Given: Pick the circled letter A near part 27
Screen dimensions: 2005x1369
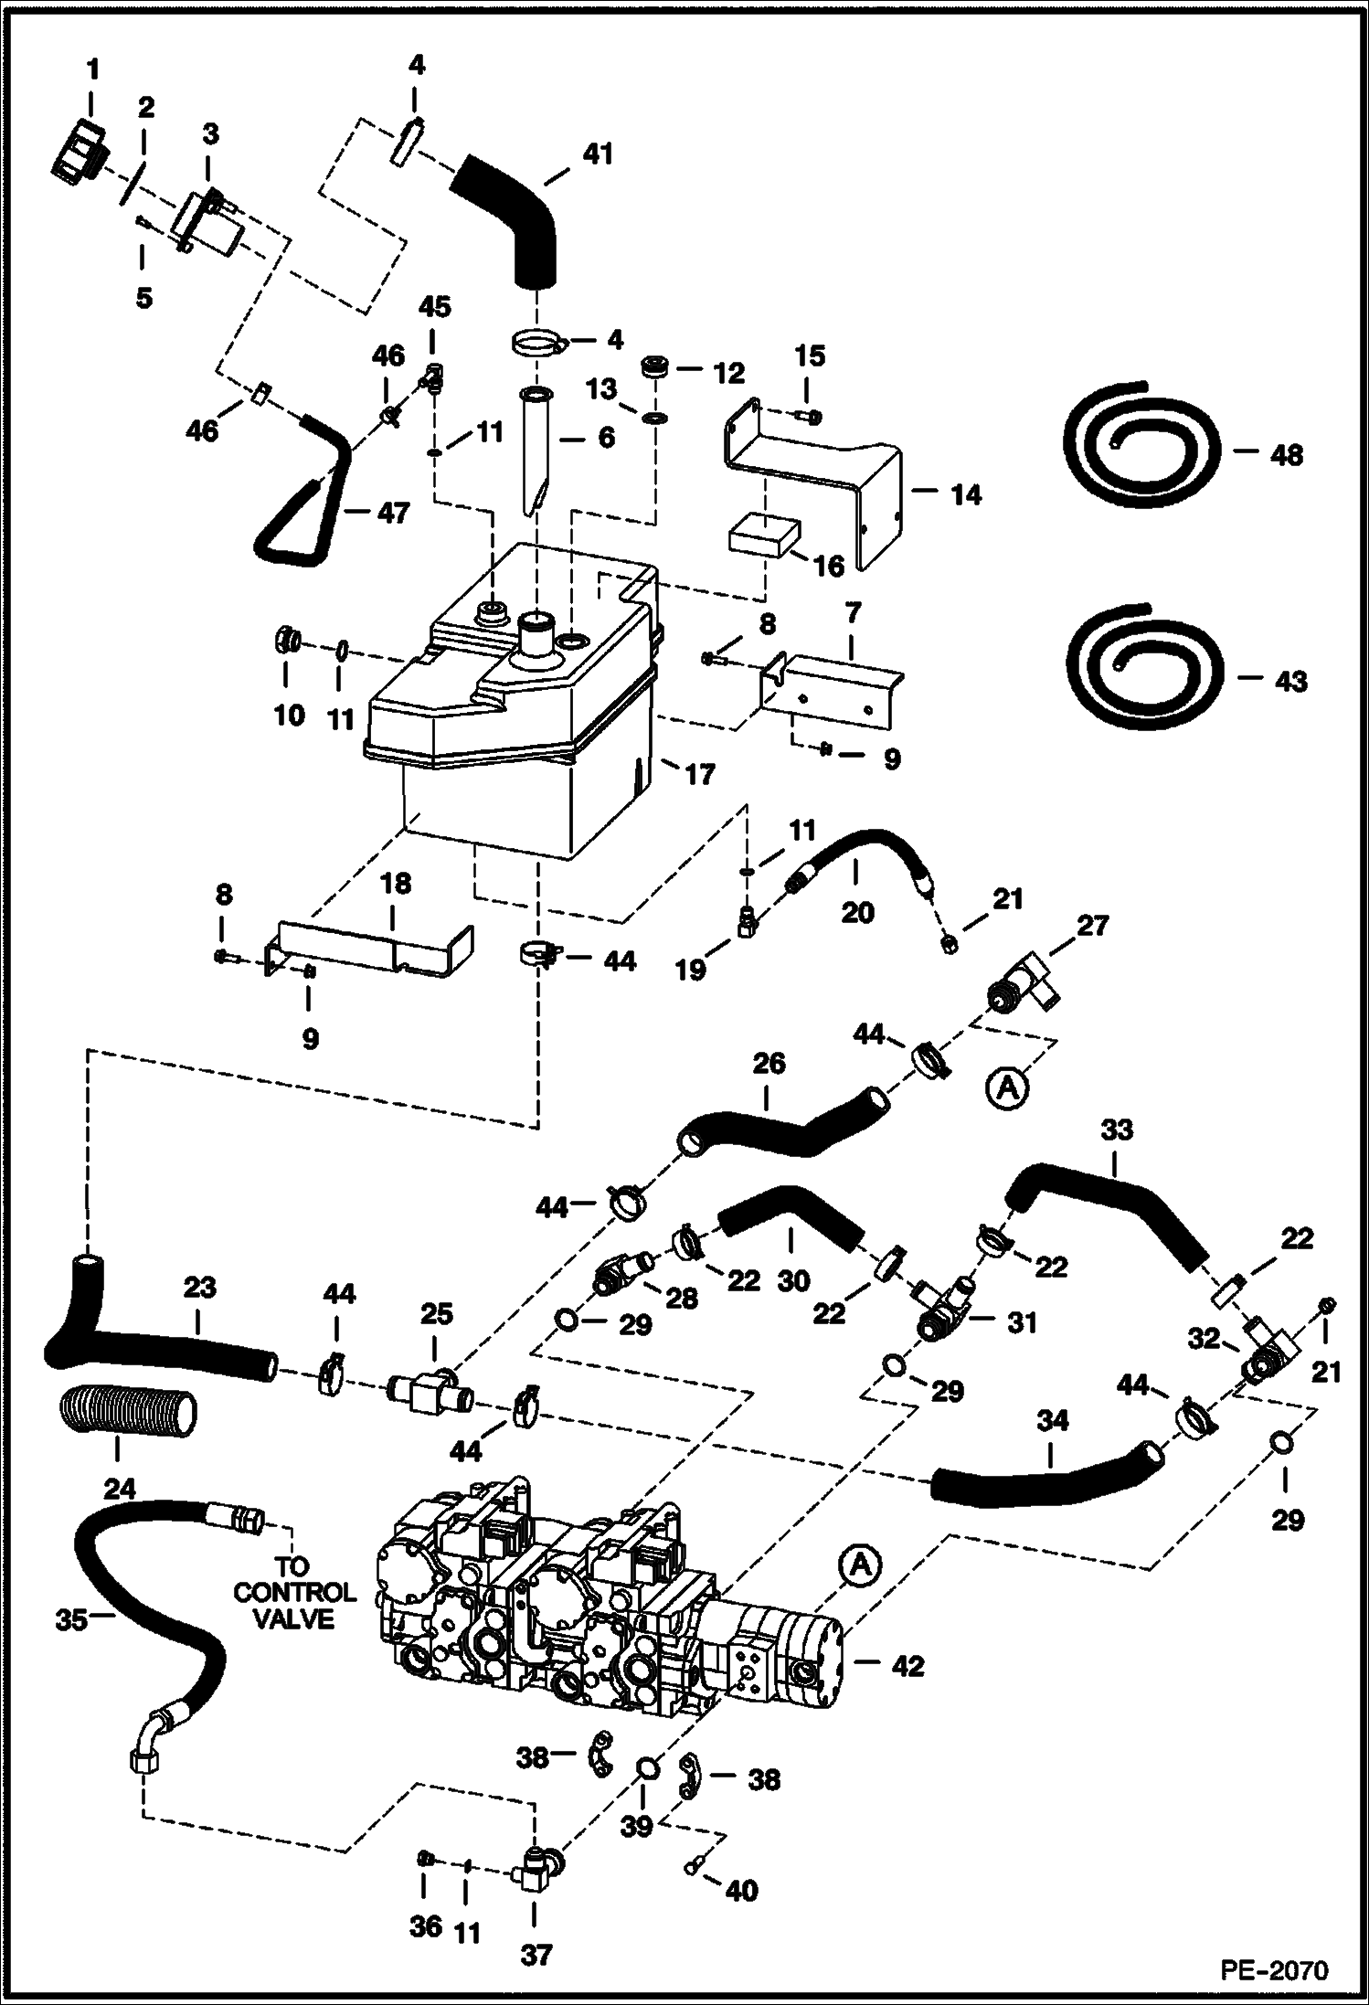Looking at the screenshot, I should click(x=1008, y=1087).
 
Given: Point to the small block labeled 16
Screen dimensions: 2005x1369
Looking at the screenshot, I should click(x=764, y=537).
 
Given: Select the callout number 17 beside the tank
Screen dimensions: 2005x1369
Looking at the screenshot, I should click(x=699, y=775).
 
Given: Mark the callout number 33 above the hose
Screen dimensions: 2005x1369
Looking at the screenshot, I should click(x=1116, y=1130).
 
